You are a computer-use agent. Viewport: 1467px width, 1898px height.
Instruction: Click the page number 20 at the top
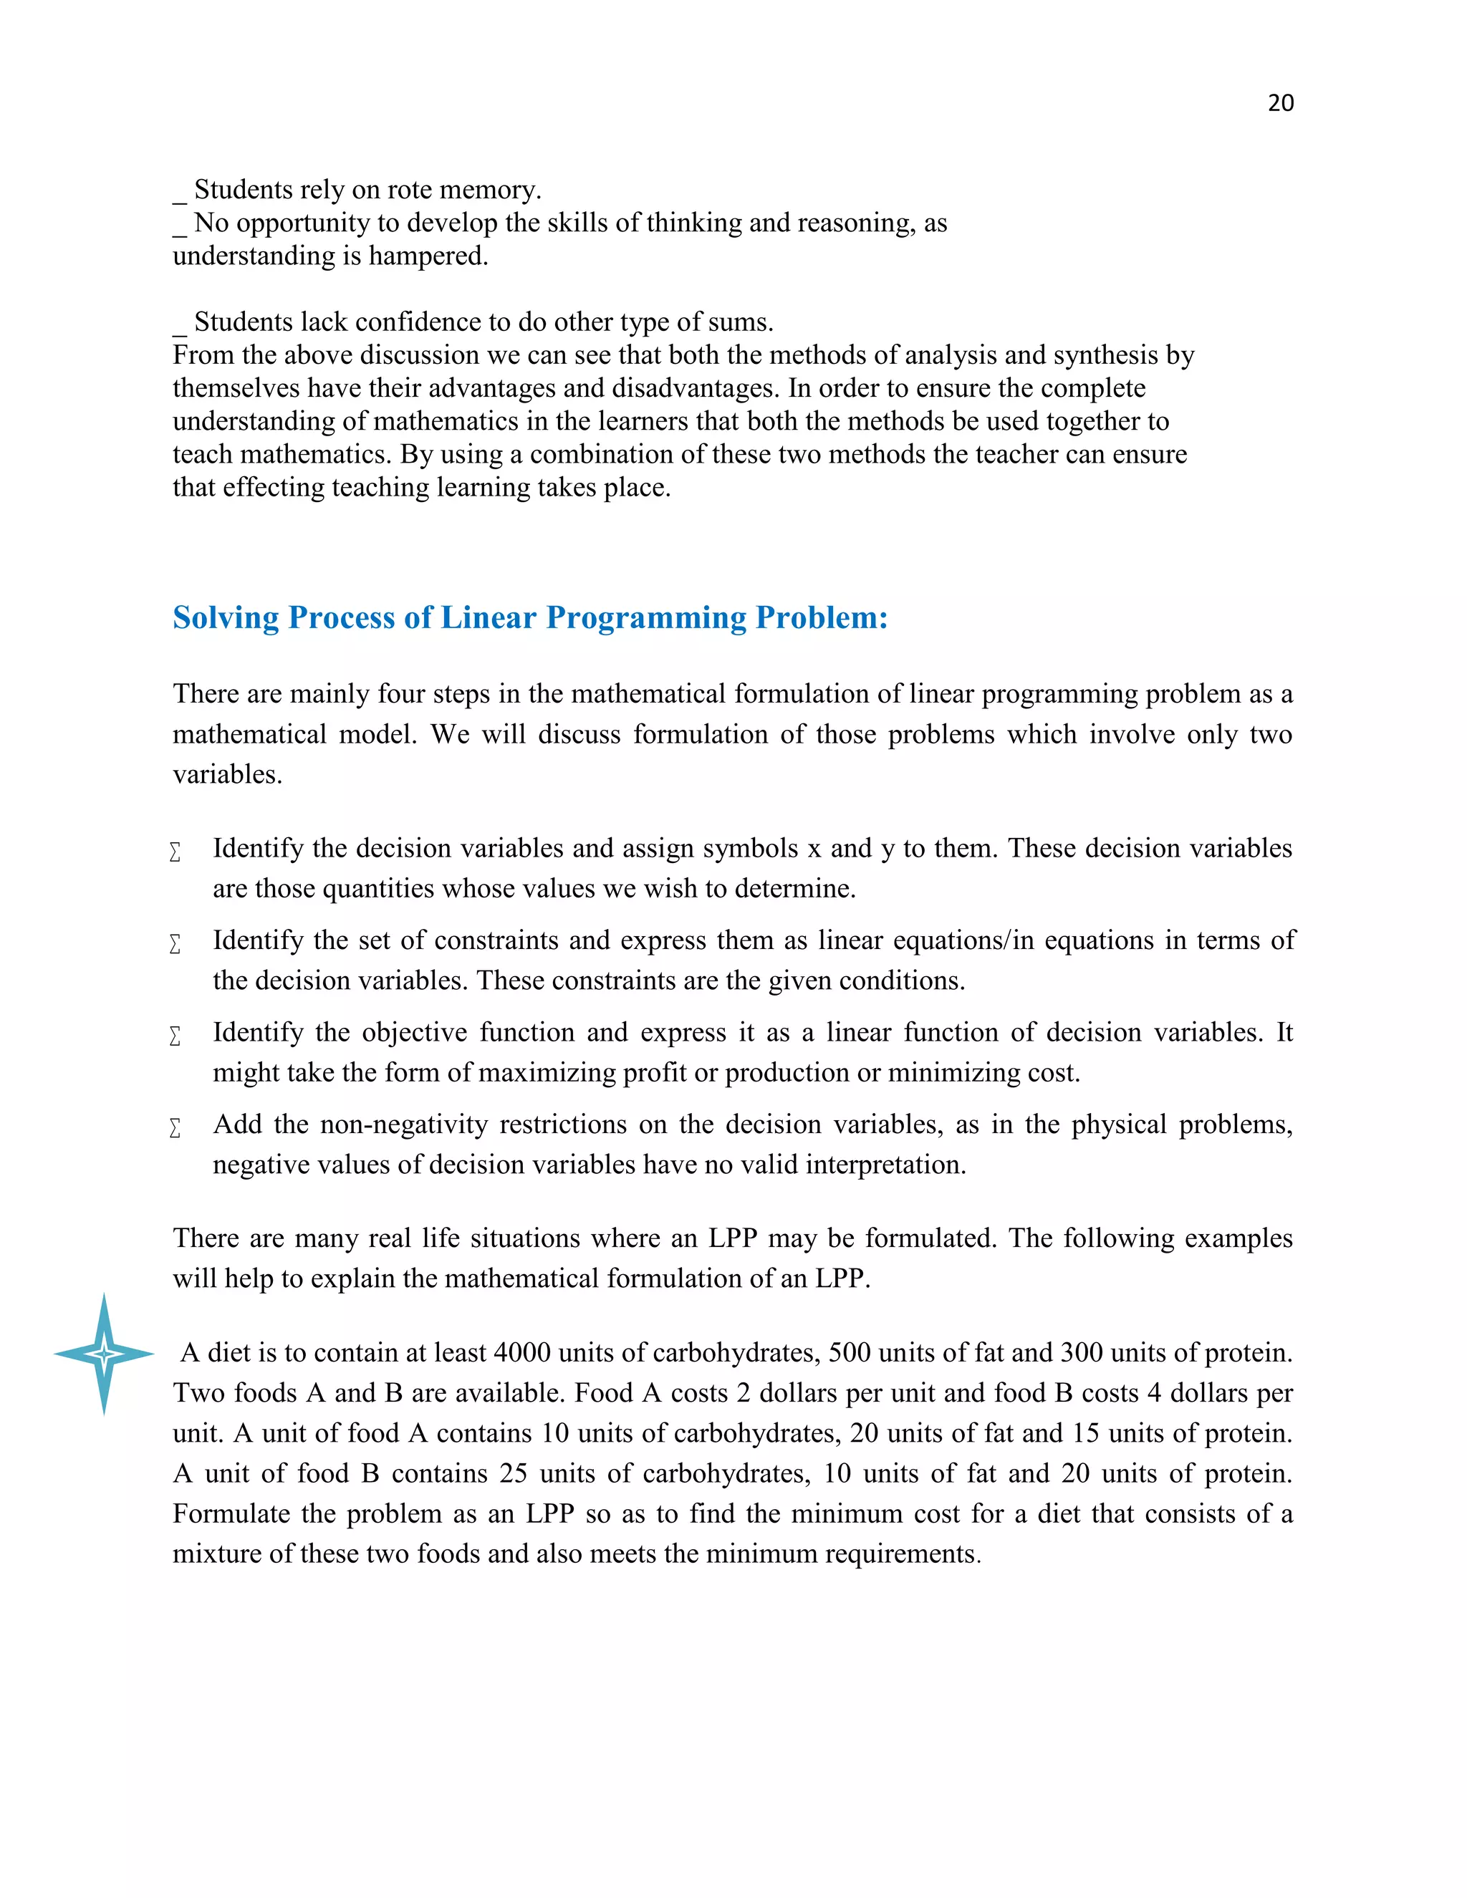[1280, 102]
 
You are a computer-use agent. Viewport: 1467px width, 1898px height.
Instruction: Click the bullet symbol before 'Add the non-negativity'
[175, 1128]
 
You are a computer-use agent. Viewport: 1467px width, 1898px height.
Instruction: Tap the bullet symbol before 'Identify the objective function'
[175, 1036]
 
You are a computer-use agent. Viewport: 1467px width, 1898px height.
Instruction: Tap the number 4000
[522, 1353]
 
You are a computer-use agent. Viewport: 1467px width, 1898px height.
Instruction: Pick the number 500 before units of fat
[849, 1353]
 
